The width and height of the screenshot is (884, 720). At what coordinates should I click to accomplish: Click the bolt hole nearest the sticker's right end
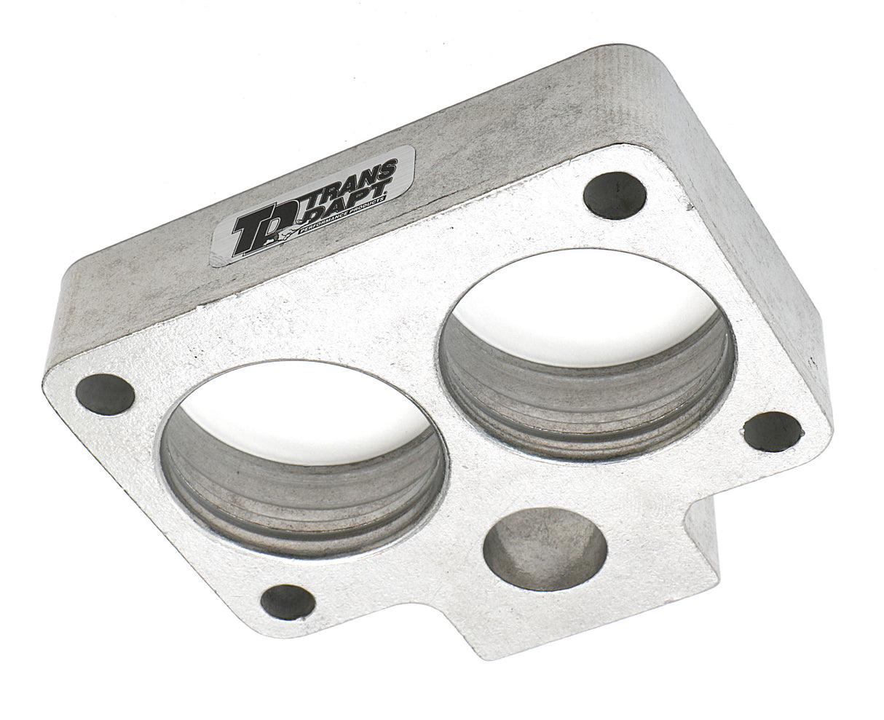[x=615, y=195]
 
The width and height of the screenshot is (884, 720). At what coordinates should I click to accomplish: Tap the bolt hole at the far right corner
[x=772, y=431]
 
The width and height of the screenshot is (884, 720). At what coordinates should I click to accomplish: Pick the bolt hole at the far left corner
[x=105, y=393]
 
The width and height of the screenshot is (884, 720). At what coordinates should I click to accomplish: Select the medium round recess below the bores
[x=545, y=548]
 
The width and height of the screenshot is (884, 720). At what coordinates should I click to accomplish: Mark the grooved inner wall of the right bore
[x=590, y=408]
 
